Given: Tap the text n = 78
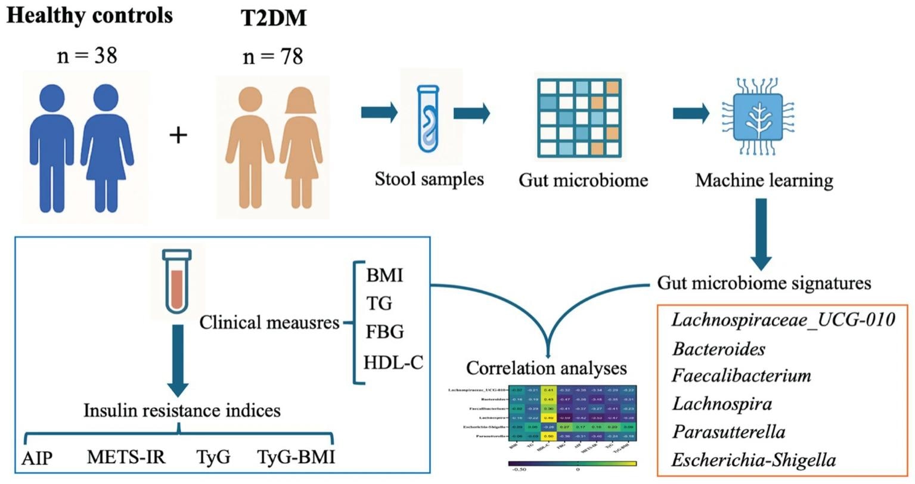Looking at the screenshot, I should tap(273, 56).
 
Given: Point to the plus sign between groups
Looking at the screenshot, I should tap(178, 135).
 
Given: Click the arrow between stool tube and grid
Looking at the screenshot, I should tap(472, 113).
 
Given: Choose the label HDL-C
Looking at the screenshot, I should tap(393, 362).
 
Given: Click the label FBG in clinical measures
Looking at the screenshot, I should tap(385, 331).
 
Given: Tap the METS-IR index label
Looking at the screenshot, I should tap(126, 457).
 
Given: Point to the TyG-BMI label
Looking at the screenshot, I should tap(296, 457).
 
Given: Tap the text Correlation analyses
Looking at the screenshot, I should tap(546, 368).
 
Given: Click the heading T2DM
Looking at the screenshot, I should tap(274, 18).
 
